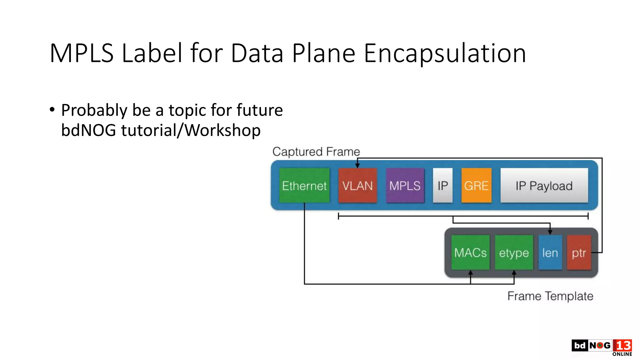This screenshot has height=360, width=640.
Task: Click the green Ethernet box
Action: [x=304, y=186]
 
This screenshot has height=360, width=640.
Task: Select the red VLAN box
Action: [x=357, y=186]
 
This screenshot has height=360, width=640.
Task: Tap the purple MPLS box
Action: [x=405, y=186]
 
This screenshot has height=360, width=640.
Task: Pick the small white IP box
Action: [x=442, y=186]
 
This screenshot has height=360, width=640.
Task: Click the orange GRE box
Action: [x=476, y=186]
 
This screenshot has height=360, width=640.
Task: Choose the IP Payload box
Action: [x=544, y=186]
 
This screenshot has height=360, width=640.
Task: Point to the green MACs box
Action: [x=470, y=252]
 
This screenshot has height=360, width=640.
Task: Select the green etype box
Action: [x=514, y=252]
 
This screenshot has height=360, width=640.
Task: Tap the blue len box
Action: [x=550, y=252]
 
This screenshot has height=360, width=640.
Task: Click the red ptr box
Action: [x=579, y=252]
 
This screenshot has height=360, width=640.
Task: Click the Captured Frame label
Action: [x=316, y=152]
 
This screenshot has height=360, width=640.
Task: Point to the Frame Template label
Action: [x=550, y=296]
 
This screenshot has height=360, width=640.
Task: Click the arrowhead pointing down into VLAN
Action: [x=357, y=166]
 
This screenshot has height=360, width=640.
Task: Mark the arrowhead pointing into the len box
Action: [x=550, y=232]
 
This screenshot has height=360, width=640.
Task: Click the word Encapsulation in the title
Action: [x=445, y=53]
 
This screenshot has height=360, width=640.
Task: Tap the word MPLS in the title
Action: [x=82, y=53]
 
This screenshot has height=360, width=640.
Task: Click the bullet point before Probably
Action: [x=52, y=110]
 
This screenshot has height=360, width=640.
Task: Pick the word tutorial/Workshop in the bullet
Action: [x=191, y=130]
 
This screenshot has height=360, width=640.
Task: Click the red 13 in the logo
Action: [x=622, y=346]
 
